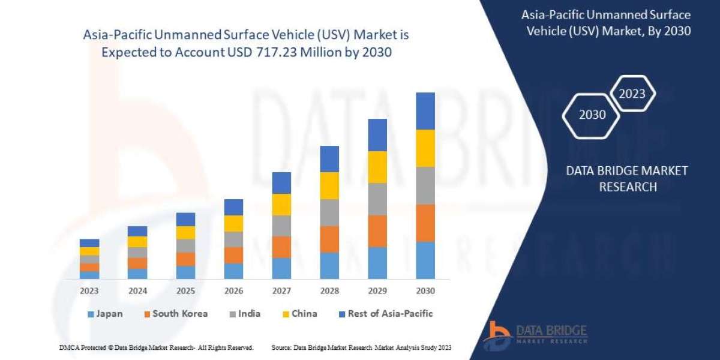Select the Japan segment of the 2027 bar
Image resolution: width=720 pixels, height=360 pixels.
[x=281, y=268]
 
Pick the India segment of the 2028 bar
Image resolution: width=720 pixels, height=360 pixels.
[x=329, y=212]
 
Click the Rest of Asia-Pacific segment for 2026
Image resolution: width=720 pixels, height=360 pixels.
[x=233, y=207]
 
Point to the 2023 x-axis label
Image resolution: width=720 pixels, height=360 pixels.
[x=89, y=290]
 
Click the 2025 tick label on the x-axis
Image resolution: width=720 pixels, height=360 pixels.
[x=185, y=290]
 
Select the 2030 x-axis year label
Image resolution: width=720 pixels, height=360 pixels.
[x=425, y=290]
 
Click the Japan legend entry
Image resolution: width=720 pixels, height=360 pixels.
[x=107, y=314]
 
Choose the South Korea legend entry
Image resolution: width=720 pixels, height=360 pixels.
[x=175, y=314]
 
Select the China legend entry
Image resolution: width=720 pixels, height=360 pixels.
[x=299, y=314]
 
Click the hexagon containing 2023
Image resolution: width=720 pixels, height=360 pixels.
[x=632, y=94]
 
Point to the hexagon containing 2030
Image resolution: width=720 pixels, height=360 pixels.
[x=592, y=115]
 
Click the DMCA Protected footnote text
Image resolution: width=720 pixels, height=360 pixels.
[x=157, y=347]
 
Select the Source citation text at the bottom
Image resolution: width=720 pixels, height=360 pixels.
[x=361, y=347]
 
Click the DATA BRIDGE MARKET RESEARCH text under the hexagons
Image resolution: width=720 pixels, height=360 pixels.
[x=627, y=179]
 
